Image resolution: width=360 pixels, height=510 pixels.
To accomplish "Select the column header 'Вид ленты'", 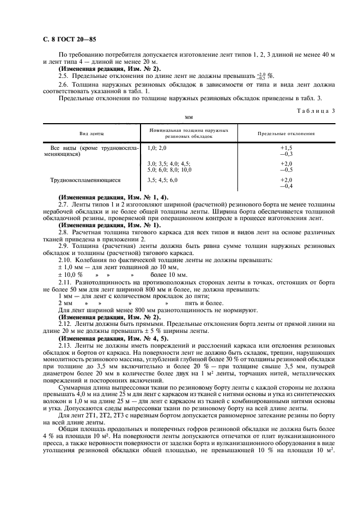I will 92,133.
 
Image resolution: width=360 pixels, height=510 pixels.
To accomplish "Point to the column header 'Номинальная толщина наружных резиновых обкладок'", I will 188,133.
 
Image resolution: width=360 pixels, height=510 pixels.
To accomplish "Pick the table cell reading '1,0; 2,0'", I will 157,148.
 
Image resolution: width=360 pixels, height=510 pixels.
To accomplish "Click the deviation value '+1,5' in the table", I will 286,148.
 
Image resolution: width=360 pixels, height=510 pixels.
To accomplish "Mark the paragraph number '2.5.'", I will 63,76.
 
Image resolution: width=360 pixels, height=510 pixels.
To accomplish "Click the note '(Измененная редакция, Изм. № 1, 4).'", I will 113,197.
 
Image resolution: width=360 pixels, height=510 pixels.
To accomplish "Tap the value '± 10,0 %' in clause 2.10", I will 70,275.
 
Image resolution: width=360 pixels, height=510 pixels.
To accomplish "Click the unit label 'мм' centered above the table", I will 189,117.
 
